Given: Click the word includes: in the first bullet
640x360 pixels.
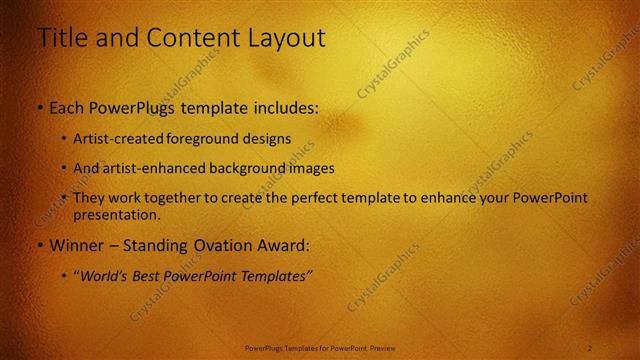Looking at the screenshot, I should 282,108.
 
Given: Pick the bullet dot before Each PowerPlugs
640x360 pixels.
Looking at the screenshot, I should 40,108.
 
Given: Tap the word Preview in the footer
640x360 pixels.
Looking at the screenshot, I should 382,347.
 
